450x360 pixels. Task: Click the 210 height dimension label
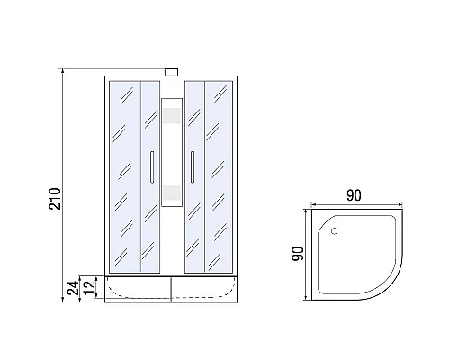55,199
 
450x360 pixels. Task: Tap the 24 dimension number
73,288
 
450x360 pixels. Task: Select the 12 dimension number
89,287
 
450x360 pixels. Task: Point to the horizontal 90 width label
354,195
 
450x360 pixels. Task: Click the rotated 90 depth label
298,254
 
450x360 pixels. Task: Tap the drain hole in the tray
335,231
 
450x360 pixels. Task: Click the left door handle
152,167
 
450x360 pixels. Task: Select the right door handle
193,167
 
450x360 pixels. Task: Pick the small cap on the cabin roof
172,72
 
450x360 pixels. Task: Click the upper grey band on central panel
172,116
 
